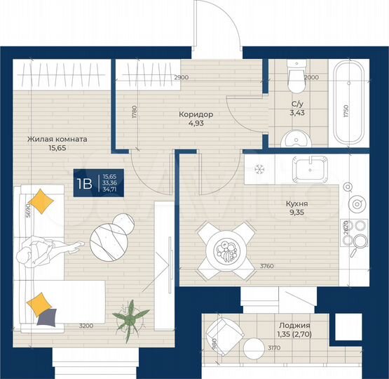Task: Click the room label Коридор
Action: (x=196, y=114)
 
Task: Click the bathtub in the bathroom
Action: (x=348, y=104)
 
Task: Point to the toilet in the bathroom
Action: (x=295, y=79)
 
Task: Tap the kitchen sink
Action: (x=309, y=170)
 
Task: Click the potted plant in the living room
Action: (x=130, y=317)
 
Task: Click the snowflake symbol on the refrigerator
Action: (x=258, y=169)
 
